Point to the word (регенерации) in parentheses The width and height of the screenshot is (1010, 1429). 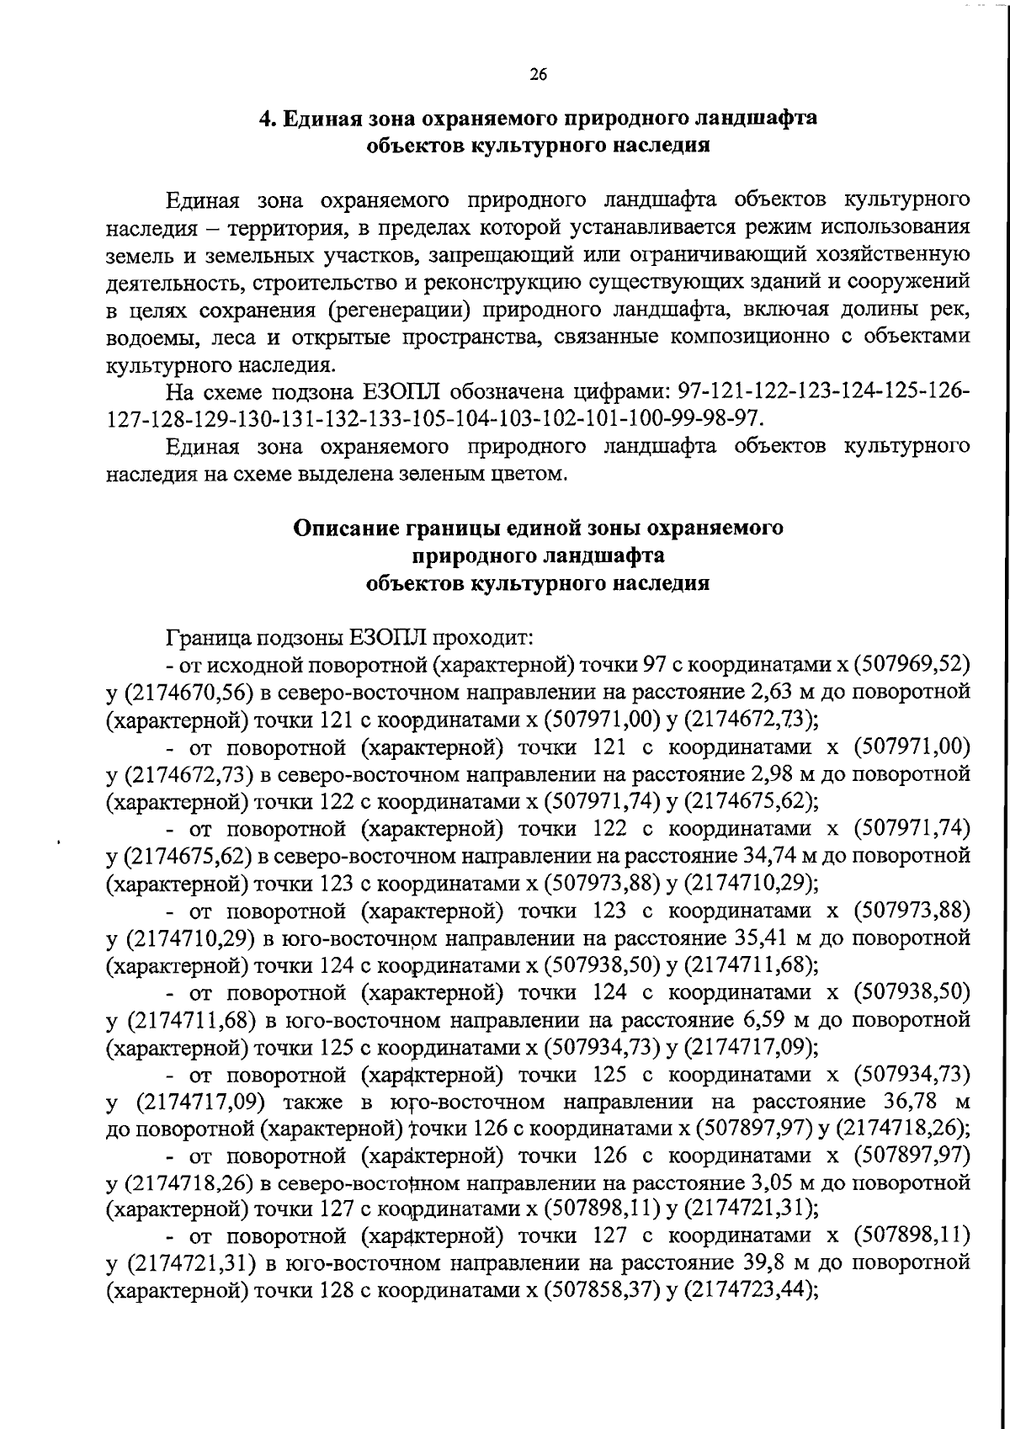(399, 310)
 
